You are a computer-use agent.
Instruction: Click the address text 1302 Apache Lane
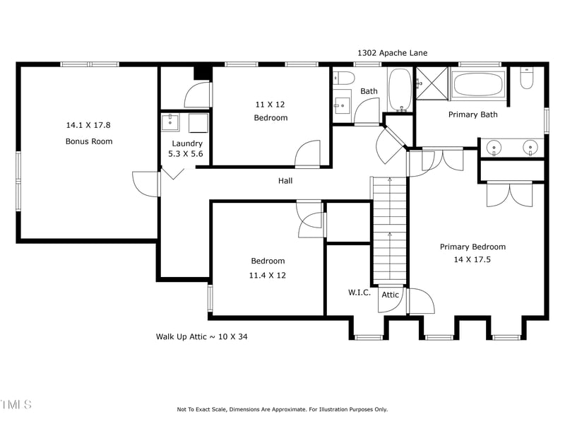[392, 53]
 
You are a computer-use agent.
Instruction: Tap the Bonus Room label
[89, 141]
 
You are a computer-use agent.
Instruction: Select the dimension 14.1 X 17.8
[88, 125]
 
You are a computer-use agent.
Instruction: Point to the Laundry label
[187, 143]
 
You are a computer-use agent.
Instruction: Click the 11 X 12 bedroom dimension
[270, 104]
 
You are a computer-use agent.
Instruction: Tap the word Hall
[285, 181]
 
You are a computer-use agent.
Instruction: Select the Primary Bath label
[473, 114]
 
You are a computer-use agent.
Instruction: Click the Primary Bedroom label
[472, 247]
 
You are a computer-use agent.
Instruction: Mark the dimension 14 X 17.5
[472, 259]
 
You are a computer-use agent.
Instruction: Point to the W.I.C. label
[359, 293]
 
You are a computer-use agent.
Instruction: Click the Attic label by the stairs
[391, 295]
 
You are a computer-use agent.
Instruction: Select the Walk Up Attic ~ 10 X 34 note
[202, 337]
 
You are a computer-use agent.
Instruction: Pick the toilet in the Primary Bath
[527, 79]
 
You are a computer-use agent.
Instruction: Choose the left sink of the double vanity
[494, 148]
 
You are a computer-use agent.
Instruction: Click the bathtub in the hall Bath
[400, 90]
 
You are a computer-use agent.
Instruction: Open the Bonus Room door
[145, 184]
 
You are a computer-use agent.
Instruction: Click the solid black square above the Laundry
[203, 73]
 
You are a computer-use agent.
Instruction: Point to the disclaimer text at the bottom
[282, 409]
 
